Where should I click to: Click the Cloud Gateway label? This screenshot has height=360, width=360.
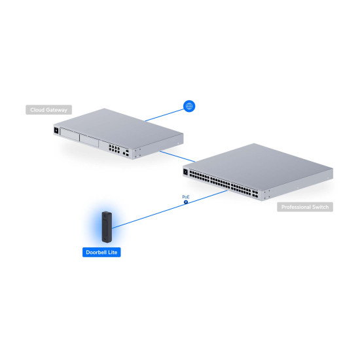pos(48,110)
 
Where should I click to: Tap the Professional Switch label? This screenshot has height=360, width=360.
pos(305,207)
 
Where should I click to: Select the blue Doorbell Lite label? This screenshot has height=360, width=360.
pos(101,252)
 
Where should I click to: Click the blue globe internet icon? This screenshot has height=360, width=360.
pos(189,106)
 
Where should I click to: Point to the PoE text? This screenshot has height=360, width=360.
pos(186,197)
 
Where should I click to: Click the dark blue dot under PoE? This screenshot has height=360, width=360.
pos(186,202)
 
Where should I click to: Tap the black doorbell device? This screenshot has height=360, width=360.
pos(107,227)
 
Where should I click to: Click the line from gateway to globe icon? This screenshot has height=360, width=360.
pos(164,115)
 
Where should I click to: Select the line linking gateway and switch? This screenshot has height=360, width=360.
pos(177,156)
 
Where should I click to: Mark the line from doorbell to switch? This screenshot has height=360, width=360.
pos(170,209)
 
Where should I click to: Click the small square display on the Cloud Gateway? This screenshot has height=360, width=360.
pos(56,130)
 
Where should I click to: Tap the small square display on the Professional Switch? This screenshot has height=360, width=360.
pos(185,171)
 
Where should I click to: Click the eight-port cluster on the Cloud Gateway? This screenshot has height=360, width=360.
pos(114,149)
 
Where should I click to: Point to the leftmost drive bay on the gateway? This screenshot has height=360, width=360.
pos(69,135)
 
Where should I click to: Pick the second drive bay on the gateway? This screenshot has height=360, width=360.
pos(89,141)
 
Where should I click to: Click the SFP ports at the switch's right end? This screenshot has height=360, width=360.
pos(255,194)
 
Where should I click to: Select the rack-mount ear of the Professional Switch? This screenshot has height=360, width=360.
pos(266,194)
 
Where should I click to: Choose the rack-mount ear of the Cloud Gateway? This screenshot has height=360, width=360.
pos(137,153)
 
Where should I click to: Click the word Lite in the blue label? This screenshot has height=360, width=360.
pos(113,252)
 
